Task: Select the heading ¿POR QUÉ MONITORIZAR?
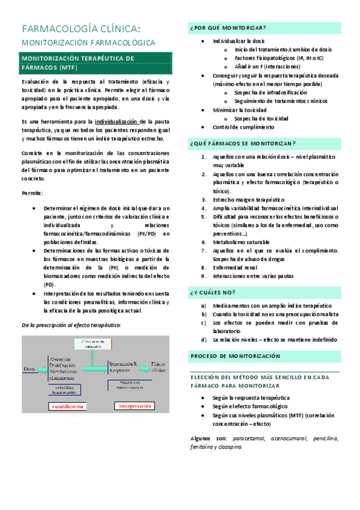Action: tap(228, 28)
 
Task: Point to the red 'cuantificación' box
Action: tap(67, 407)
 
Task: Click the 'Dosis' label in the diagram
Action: tap(30, 368)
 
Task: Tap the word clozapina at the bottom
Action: tap(228, 447)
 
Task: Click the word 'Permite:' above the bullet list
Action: tap(32, 193)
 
